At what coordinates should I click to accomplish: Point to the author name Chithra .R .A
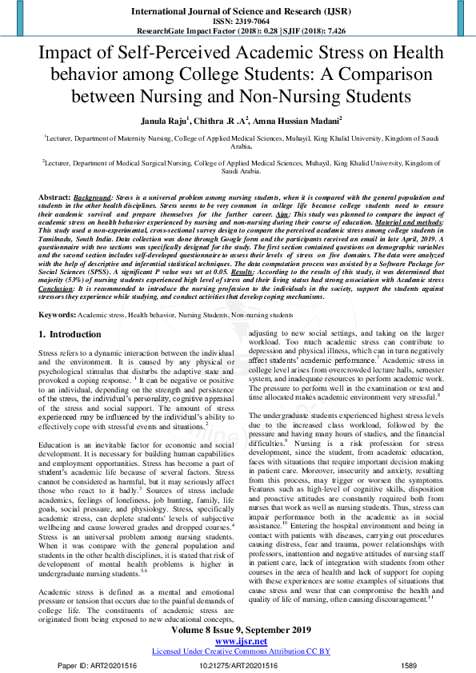point(219,119)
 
